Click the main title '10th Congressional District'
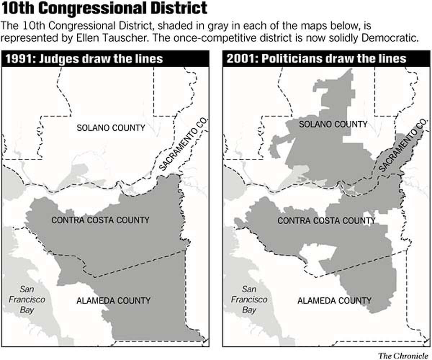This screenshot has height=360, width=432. [x=104, y=9]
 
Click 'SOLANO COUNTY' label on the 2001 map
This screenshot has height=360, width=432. [x=334, y=124]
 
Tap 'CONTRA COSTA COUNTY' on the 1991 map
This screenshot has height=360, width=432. [x=100, y=220]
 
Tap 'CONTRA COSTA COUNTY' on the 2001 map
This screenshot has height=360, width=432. [x=327, y=220]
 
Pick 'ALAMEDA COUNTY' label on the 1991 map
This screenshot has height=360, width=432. [x=113, y=300]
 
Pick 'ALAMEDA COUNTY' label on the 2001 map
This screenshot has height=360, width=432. [x=334, y=300]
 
